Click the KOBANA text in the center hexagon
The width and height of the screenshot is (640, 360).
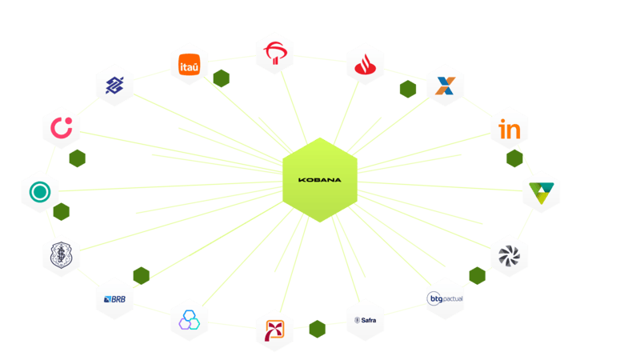click(x=319, y=180)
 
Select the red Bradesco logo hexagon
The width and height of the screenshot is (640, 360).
click(x=274, y=54)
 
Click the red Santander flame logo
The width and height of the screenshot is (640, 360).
click(x=366, y=64)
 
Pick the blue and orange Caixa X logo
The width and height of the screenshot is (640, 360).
click(x=445, y=86)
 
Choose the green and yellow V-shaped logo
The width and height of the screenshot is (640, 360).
click(x=542, y=192)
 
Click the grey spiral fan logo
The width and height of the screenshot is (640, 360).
click(x=509, y=255)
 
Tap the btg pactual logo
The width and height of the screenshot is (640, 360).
click(x=446, y=298)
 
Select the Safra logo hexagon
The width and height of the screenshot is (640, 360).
click(x=366, y=320)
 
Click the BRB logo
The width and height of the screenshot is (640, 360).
click(x=114, y=298)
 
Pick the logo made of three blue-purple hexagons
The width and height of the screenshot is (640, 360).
click(x=190, y=319)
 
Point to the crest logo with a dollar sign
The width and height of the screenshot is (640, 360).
click(x=62, y=255)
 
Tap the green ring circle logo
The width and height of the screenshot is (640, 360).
click(x=39, y=192)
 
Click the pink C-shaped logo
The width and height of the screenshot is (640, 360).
click(x=62, y=127)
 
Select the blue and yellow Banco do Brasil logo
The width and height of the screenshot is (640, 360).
click(x=114, y=85)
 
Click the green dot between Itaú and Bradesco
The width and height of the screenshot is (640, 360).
click(x=222, y=78)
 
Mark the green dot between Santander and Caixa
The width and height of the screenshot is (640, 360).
click(x=408, y=89)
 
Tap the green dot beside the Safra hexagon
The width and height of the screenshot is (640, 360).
click(x=317, y=329)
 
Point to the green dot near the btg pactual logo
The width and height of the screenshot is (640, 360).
click(x=478, y=276)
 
